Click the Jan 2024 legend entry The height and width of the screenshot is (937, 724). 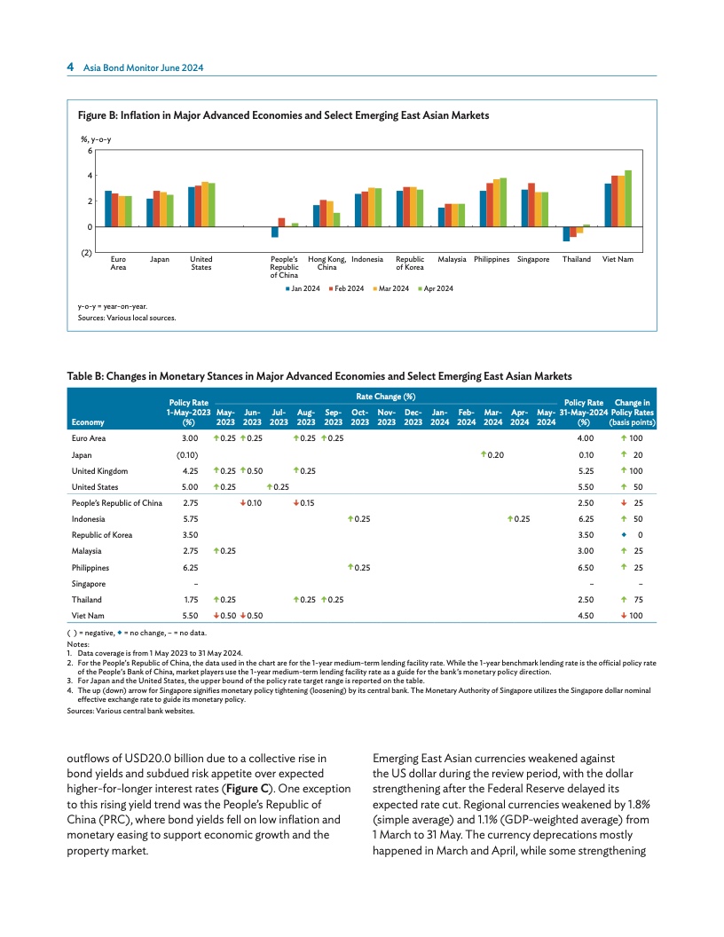click(x=304, y=289)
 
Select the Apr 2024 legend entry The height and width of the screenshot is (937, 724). click(x=438, y=289)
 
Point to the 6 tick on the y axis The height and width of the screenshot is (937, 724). click(x=90, y=150)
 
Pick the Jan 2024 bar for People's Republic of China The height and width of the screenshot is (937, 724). click(x=275, y=232)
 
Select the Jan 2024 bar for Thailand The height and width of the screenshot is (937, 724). click(x=566, y=234)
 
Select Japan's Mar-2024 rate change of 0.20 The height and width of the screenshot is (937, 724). click(x=492, y=454)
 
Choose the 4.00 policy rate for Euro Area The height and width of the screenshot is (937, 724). click(x=585, y=438)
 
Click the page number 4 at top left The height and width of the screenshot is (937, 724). click(x=70, y=68)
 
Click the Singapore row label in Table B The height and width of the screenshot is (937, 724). click(x=89, y=583)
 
